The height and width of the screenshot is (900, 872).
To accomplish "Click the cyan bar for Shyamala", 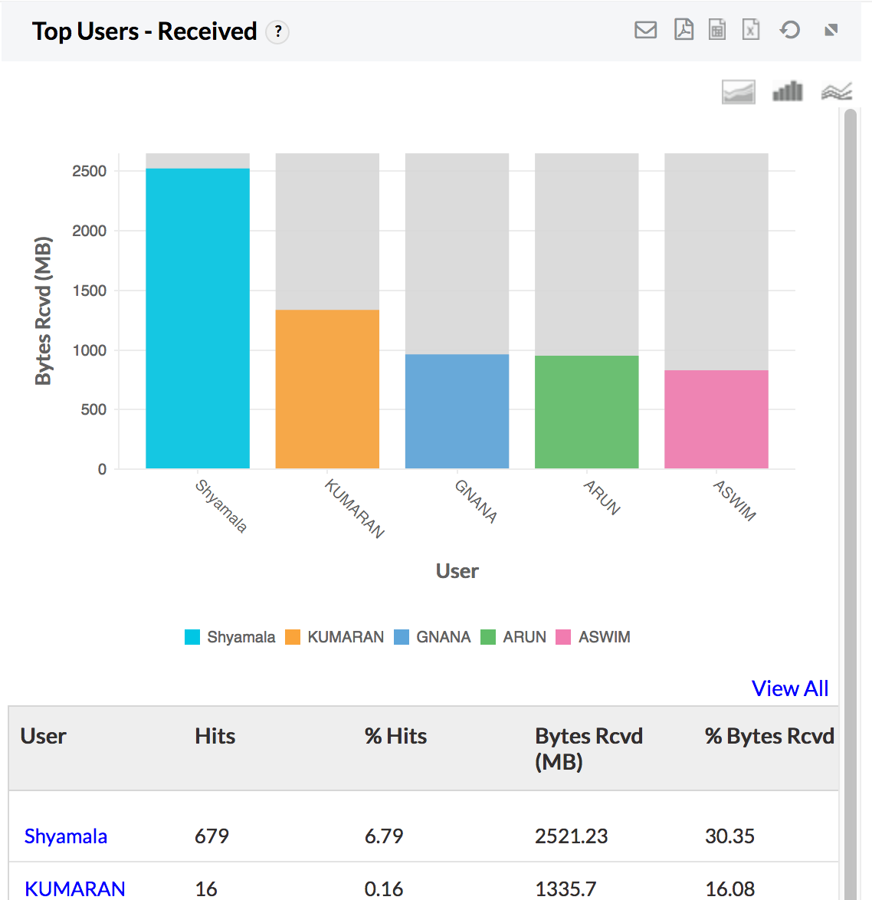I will (198, 318).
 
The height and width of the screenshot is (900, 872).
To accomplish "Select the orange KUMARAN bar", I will (327, 389).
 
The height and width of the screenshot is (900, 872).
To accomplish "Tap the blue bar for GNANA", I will (457, 411).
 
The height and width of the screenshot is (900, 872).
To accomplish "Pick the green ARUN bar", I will (586, 412).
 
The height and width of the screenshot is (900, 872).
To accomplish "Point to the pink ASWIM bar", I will (716, 419).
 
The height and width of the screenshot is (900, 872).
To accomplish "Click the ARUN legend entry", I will (513, 637).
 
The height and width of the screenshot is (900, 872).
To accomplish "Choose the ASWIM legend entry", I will (593, 637).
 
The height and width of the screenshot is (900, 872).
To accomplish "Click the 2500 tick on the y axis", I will (90, 171).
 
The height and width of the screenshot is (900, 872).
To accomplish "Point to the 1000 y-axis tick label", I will (90, 350).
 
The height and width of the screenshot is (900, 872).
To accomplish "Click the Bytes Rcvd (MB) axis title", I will (44, 310).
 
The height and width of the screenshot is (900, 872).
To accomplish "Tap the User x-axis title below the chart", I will (457, 571).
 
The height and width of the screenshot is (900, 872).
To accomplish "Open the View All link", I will (790, 688).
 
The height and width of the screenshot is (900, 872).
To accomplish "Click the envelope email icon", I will (646, 30).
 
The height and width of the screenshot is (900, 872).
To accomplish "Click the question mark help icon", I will (278, 31).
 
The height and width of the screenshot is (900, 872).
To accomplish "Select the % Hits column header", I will (395, 736).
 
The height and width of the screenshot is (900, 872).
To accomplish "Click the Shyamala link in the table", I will (66, 836).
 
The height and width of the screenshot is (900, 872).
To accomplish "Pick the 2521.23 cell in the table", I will (571, 836).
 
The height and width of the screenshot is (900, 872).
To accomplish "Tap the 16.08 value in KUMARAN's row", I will (729, 889).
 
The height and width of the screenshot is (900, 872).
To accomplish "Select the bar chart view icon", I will (787, 92).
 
